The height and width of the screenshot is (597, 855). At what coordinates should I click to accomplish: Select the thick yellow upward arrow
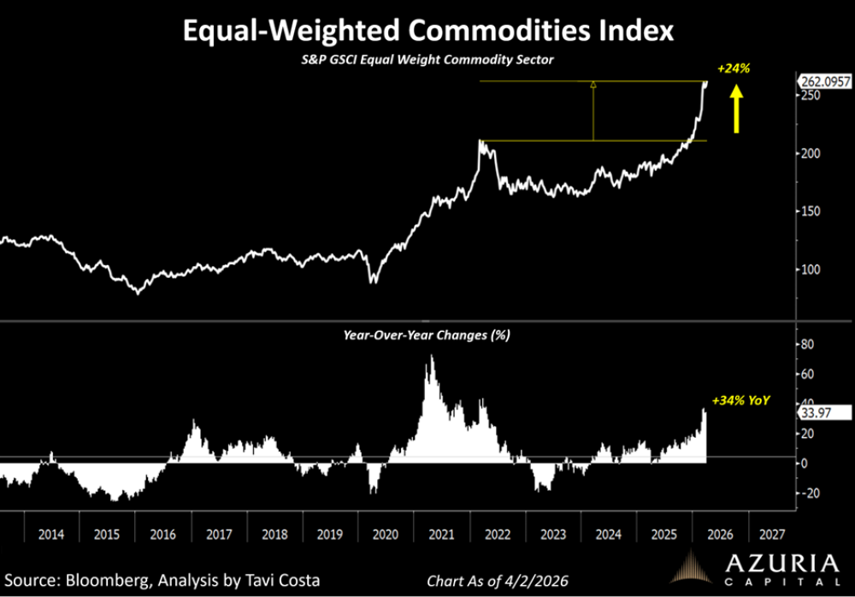pyautogui.click(x=736, y=112)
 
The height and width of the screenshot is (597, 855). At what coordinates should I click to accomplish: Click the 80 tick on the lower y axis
pyautogui.click(x=807, y=344)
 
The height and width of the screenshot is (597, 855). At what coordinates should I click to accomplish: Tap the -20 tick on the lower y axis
pyautogui.click(x=809, y=494)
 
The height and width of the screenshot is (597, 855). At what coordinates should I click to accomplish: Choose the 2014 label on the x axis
pyautogui.click(x=50, y=535)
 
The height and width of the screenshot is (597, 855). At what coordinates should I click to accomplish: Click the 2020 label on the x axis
pyautogui.click(x=385, y=535)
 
